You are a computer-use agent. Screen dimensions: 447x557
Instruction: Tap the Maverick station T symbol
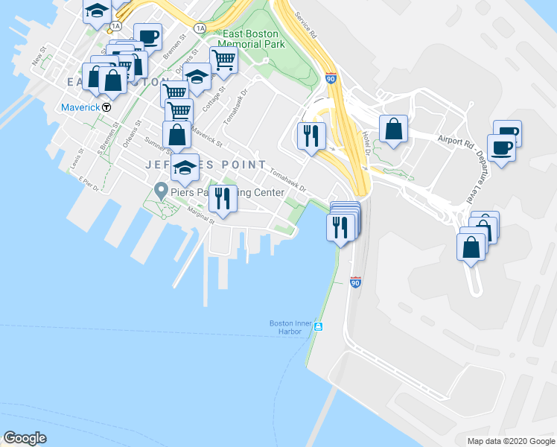[x=106, y=107]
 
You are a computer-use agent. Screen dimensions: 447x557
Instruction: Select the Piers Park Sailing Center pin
[x=159, y=192]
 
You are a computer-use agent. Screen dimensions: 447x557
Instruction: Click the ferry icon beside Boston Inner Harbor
[x=318, y=327]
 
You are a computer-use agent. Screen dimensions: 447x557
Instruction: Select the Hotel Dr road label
[x=366, y=142]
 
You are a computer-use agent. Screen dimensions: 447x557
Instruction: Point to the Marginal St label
[x=201, y=215]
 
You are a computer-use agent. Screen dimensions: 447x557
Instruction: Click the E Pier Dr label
[x=88, y=184]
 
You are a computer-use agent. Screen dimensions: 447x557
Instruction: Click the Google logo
[x=25, y=438]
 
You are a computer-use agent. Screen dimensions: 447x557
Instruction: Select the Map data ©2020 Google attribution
[x=511, y=441]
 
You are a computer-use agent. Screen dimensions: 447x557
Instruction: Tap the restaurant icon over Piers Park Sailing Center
[x=223, y=197]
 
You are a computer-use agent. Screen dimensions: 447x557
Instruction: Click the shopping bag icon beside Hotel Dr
[x=393, y=129]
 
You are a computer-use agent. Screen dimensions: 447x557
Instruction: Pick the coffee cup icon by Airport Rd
[x=501, y=147]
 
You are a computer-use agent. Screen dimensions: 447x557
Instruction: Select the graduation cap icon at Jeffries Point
[x=185, y=167]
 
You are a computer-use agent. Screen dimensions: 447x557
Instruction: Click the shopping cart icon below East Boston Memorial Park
[x=223, y=60]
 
